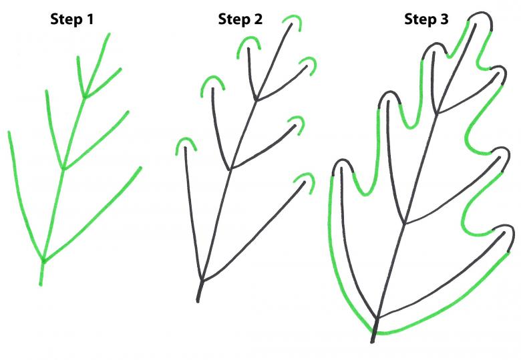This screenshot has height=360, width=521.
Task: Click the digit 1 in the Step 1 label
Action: pos(90,19)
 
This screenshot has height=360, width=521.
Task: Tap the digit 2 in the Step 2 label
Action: pos(258,19)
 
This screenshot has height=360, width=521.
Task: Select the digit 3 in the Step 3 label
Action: pos(444,19)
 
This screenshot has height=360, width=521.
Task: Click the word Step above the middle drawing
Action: pos(234,19)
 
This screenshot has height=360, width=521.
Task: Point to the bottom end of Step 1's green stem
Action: pos(41,285)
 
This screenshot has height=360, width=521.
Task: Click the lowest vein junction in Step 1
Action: pos(43,260)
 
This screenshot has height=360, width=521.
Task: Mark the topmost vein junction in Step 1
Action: pos(85,96)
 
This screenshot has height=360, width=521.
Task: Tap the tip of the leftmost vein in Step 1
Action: pos(9,132)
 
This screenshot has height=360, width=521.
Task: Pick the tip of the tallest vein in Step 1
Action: pos(109,33)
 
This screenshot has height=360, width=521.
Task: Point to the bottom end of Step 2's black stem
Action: pos(198,301)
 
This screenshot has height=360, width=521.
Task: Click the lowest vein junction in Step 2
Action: pos(202,281)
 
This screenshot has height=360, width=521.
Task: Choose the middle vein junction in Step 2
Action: pos(230,170)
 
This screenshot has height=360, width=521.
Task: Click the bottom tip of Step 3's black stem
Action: pos(373,341)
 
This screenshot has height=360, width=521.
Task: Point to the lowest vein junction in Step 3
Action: pos(377,318)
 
